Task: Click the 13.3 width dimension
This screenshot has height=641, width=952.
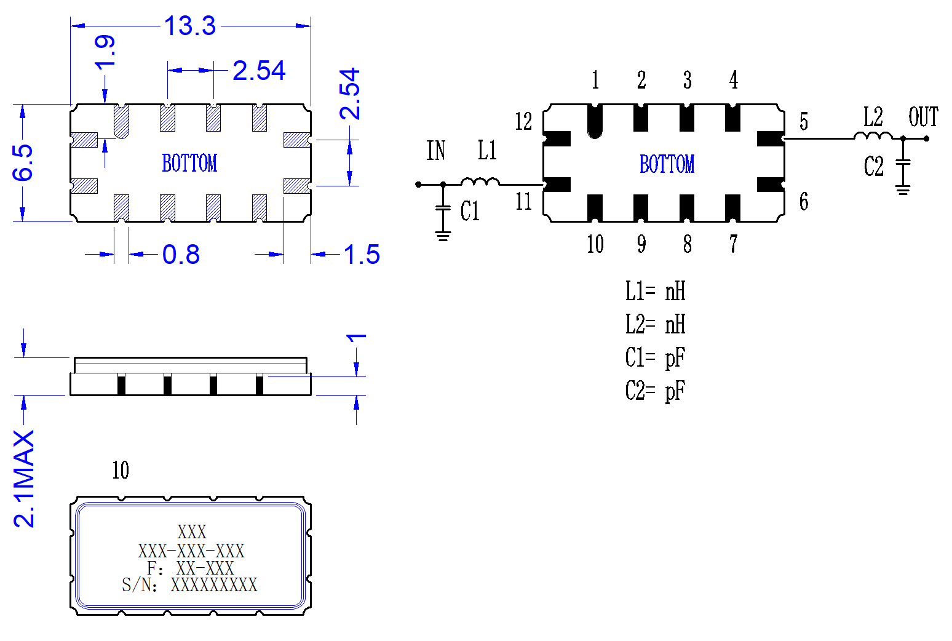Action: pyautogui.click(x=190, y=25)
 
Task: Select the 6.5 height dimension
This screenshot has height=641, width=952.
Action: pyautogui.click(x=23, y=163)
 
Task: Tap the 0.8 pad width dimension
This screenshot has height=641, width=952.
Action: pyautogui.click(x=181, y=255)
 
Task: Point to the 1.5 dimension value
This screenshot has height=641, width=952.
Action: pyautogui.click(x=362, y=255)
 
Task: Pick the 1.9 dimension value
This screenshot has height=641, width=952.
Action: pyautogui.click(x=105, y=53)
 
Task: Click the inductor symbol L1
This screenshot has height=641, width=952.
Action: pyautogui.click(x=480, y=181)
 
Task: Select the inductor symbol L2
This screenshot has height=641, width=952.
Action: pyautogui.click(x=873, y=135)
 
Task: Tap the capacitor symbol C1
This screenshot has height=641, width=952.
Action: pyautogui.click(x=443, y=208)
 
